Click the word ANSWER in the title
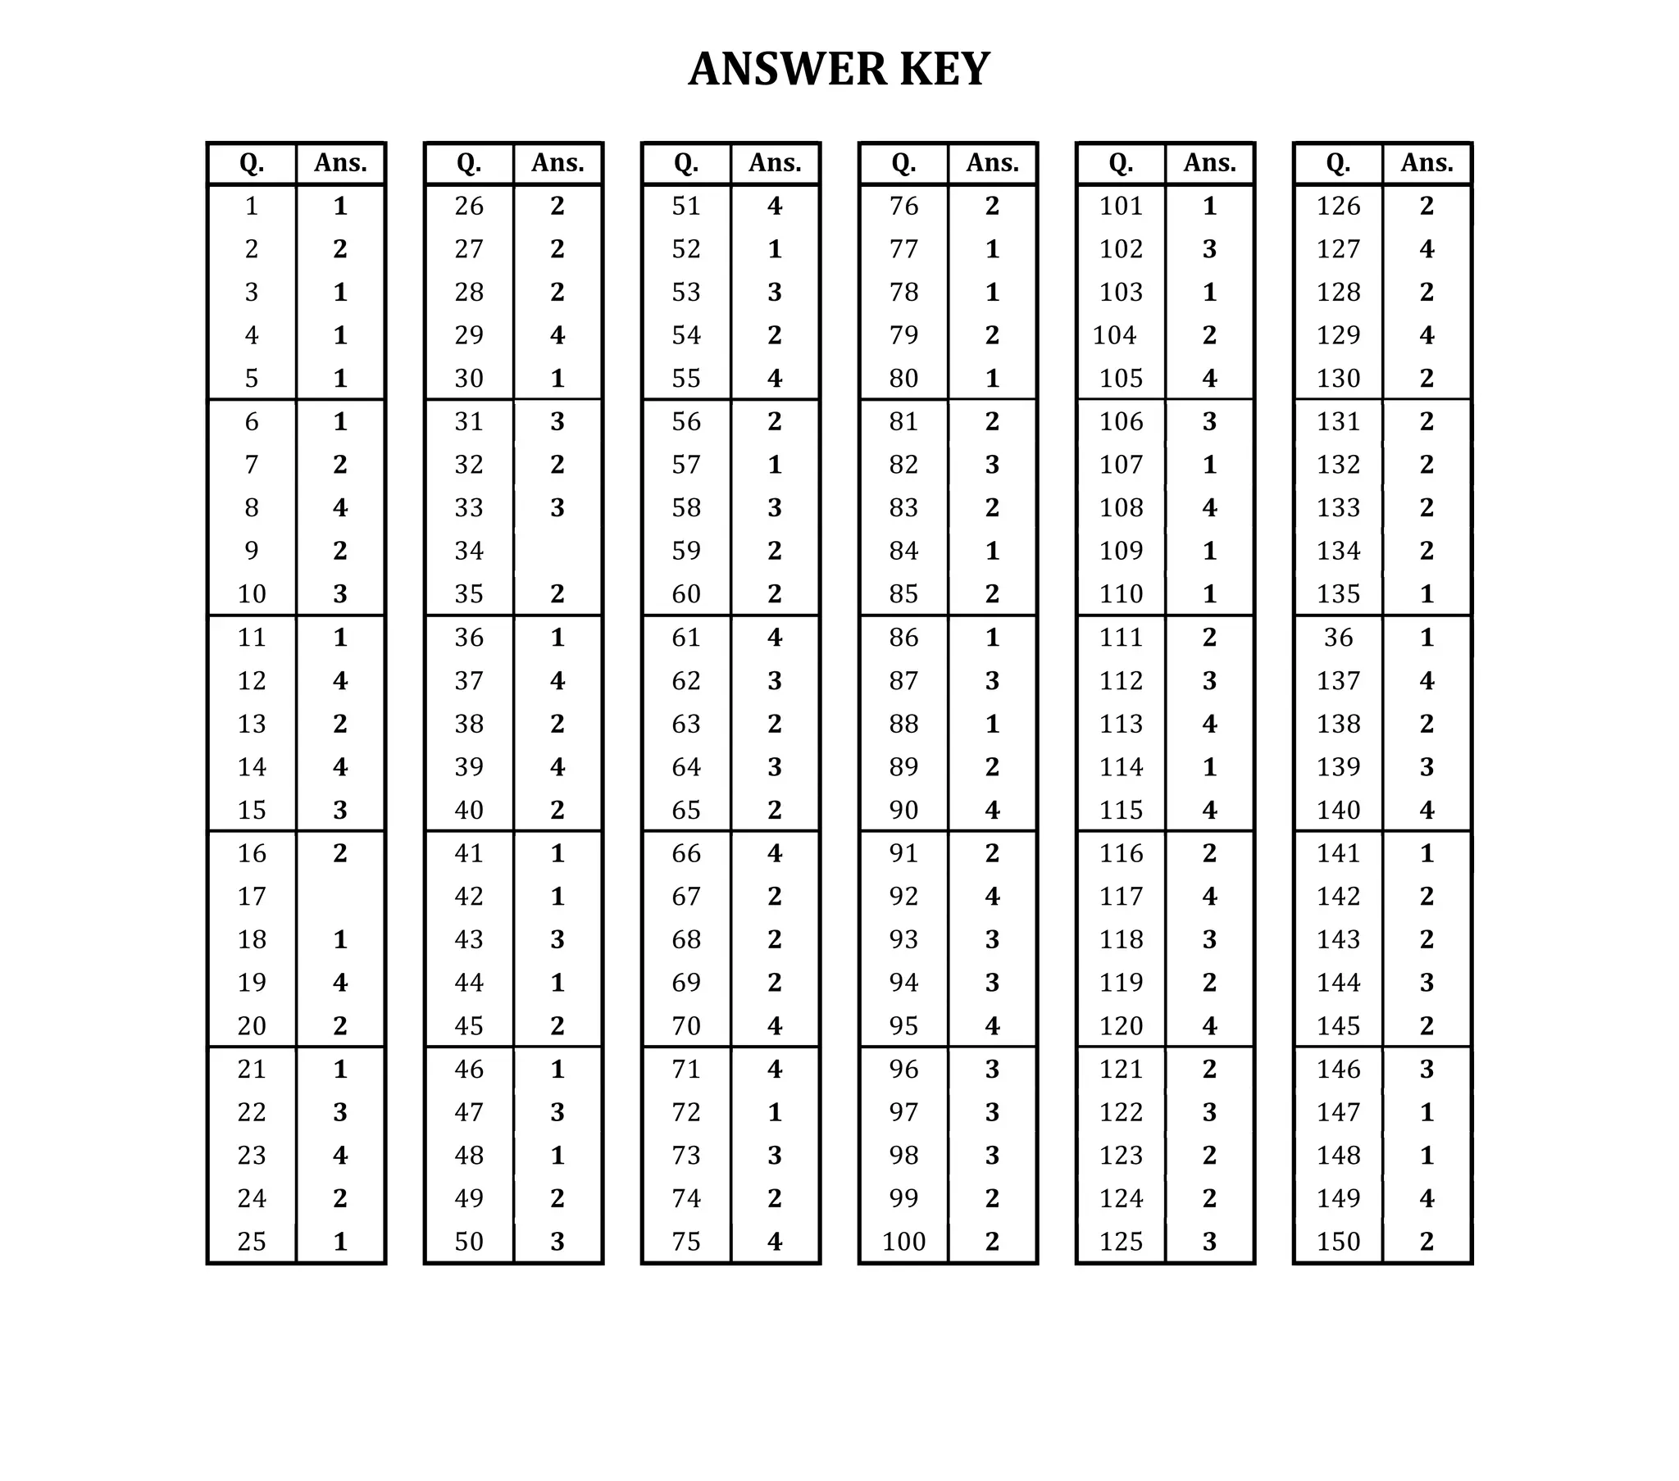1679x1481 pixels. [786, 69]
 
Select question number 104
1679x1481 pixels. [1114, 335]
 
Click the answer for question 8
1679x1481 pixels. [340, 507]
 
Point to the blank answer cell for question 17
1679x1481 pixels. [340, 896]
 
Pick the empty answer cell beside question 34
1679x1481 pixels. [557, 550]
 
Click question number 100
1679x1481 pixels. [903, 1241]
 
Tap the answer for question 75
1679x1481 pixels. [775, 1241]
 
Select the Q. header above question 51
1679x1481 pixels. [686, 162]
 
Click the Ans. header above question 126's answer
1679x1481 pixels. [1426, 162]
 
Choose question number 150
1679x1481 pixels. [1338, 1241]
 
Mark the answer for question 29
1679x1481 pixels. [557, 335]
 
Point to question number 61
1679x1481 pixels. [686, 638]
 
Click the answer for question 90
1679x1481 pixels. [992, 810]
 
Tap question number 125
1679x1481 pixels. [1122, 1241]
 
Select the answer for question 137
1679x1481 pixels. [1426, 681]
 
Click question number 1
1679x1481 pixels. [252, 207]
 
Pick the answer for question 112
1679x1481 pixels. [1209, 681]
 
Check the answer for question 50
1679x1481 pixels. [557, 1241]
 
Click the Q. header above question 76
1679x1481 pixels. [903, 162]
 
